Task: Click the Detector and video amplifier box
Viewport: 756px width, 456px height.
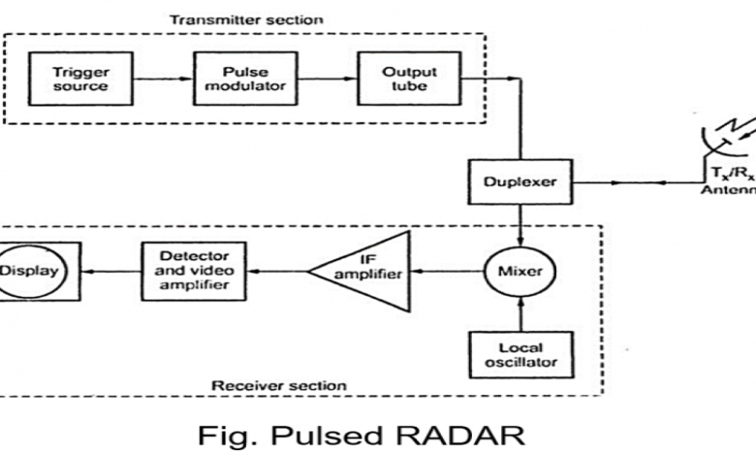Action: pos(191,273)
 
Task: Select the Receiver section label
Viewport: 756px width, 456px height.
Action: pos(280,385)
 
